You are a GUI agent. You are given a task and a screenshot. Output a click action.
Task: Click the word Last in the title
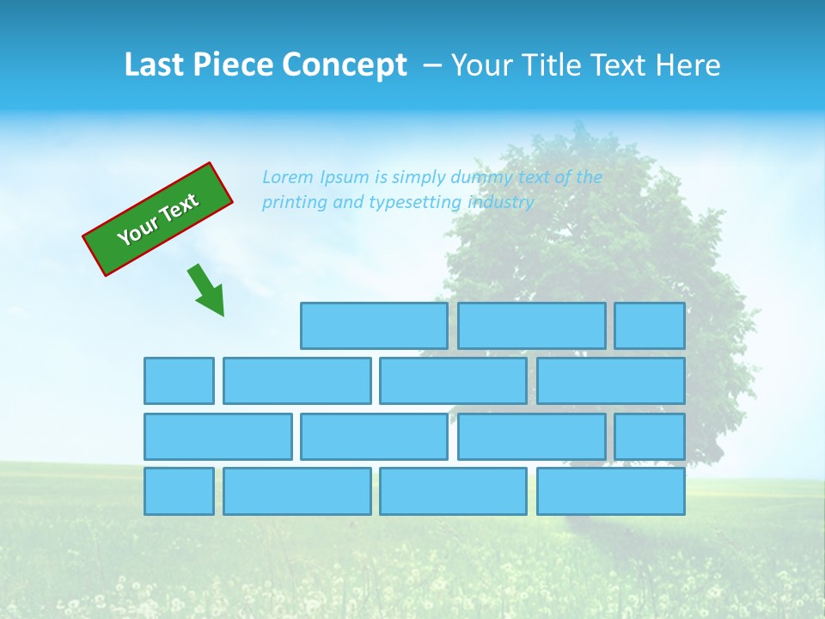[x=154, y=64]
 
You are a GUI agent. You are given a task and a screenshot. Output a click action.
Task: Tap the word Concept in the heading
[x=345, y=64]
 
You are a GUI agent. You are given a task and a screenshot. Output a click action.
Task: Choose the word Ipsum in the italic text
[x=345, y=177]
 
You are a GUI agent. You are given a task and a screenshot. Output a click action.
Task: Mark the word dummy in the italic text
[x=479, y=177]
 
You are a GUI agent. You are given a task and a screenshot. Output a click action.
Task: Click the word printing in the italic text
[x=293, y=203]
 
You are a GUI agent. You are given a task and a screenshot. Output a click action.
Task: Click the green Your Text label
[x=157, y=219]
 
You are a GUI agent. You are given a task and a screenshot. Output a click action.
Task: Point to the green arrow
[x=207, y=291]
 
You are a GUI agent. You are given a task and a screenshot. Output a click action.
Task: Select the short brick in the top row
[x=650, y=326]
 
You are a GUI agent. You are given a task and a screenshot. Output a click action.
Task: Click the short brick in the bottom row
[x=179, y=491]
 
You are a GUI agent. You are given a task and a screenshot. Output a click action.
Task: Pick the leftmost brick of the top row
[x=374, y=326]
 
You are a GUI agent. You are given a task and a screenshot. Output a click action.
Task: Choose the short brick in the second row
[x=179, y=381]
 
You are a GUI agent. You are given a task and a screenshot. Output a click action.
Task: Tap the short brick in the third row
[x=650, y=436]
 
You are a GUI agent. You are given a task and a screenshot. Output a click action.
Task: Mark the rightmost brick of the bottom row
[x=611, y=491]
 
